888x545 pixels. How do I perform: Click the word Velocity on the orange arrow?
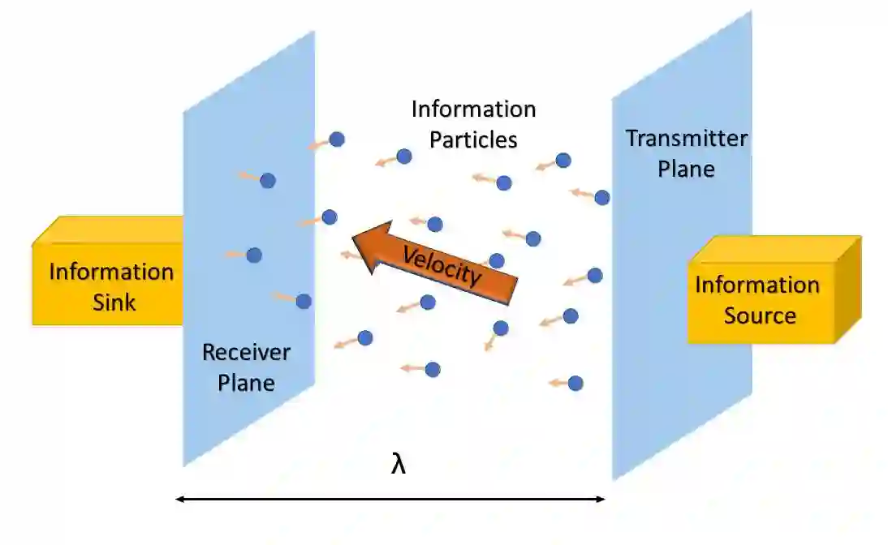point(442,265)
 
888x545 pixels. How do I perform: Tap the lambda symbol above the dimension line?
point(399,465)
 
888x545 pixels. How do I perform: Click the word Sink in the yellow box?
point(112,303)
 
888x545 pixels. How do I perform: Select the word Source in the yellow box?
point(760,315)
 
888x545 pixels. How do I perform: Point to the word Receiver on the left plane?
point(246,352)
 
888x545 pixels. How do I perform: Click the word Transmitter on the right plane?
point(687,138)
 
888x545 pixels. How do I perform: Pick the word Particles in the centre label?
point(473,139)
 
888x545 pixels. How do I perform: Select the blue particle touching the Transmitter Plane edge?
point(601,197)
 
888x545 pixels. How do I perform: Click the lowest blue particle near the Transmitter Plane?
point(575,383)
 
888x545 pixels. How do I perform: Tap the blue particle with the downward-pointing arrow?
point(501,328)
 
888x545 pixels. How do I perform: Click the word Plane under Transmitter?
point(686,169)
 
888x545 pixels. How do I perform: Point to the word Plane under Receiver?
point(246,382)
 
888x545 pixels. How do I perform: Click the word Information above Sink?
point(111,272)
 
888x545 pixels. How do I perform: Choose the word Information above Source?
point(757,285)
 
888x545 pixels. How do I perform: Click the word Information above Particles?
point(473,109)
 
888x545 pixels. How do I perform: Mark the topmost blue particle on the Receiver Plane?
point(268,180)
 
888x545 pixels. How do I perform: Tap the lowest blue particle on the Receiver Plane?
point(304,301)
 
